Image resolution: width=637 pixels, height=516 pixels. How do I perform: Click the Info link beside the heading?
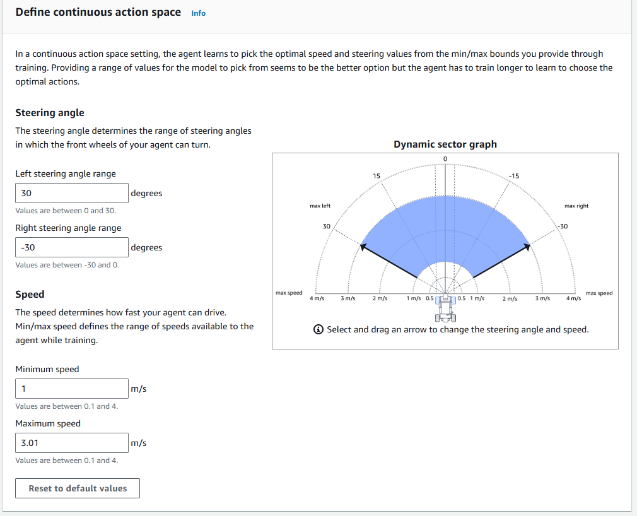coord(198,13)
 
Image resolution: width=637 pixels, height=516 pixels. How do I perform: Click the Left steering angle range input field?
coord(72,193)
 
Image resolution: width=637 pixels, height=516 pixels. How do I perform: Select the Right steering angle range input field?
coord(72,247)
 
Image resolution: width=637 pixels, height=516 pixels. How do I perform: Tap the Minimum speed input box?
coord(72,389)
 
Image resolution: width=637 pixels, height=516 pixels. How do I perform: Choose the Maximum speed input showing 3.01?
coord(72,443)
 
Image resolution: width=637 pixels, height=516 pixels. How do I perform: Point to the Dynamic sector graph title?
coord(445,144)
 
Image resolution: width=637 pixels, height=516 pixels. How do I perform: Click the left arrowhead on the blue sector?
coord(363,246)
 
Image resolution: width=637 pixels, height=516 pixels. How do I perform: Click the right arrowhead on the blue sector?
coord(527,246)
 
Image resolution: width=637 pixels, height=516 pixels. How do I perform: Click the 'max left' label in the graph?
coord(320,206)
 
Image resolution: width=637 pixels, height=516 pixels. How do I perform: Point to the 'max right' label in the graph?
coord(576,206)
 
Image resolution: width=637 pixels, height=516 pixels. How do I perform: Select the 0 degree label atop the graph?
coord(445,158)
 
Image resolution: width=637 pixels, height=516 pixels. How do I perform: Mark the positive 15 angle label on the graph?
coord(377,175)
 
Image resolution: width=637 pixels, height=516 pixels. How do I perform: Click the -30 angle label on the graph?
coord(562,226)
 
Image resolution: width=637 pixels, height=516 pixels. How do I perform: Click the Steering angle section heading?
coord(50,113)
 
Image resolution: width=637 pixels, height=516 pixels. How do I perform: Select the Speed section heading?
coord(30,295)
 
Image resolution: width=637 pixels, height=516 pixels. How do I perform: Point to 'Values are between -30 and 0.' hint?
coord(67,265)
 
